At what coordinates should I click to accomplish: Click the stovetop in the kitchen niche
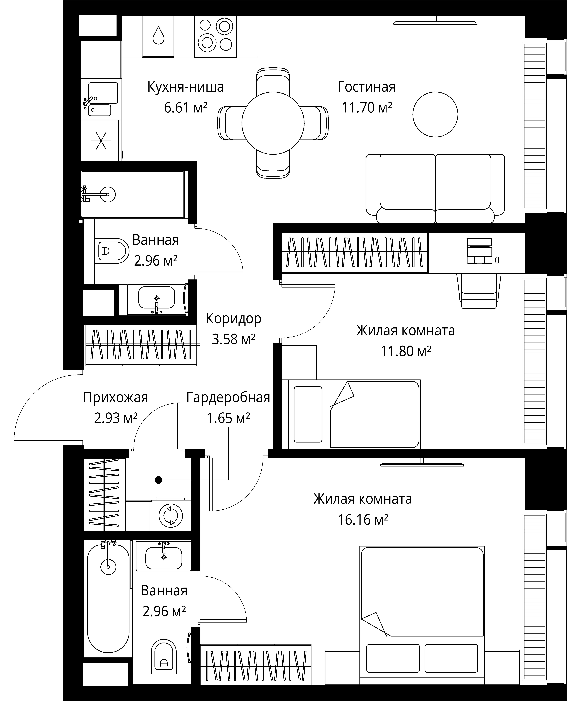[215, 37]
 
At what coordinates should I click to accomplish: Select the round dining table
[273, 123]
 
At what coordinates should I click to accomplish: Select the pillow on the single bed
[308, 414]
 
